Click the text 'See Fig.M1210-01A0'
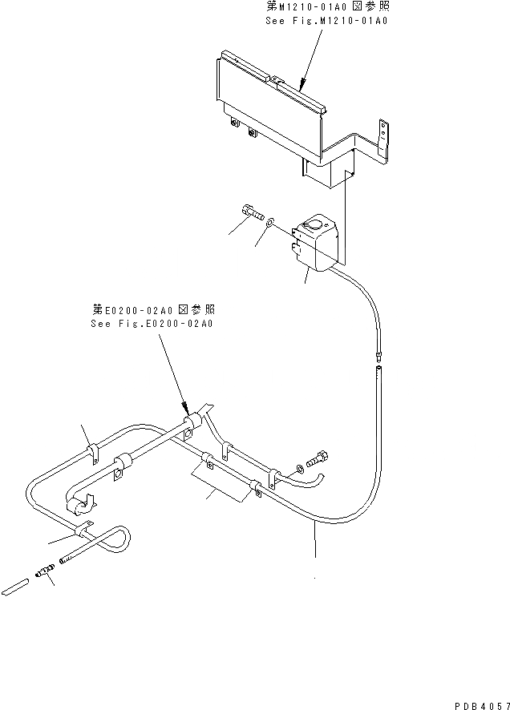[x=326, y=21]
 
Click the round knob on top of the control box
[x=318, y=225]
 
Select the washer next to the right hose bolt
[x=300, y=466]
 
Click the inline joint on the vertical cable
[x=378, y=354]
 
